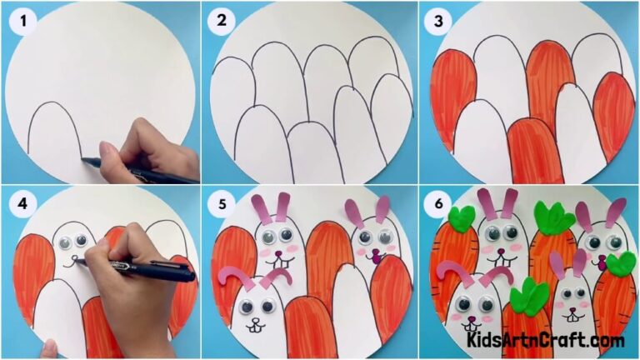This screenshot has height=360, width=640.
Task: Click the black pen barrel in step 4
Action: tap(158, 269)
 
